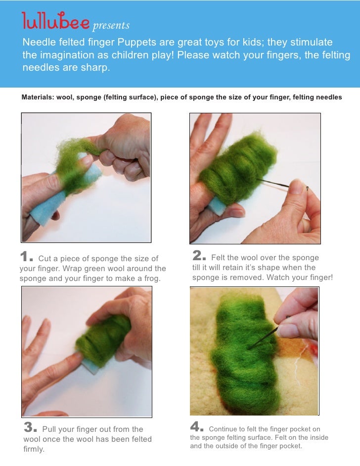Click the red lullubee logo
[x=55, y=20]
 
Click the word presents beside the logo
[x=111, y=26]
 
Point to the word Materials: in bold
[x=38, y=97]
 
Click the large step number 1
[x=24, y=256]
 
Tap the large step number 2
[x=197, y=255]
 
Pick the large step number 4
[x=195, y=426]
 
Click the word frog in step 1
[x=152, y=279]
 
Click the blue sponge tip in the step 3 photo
[x=89, y=366]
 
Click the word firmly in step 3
[x=34, y=449]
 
